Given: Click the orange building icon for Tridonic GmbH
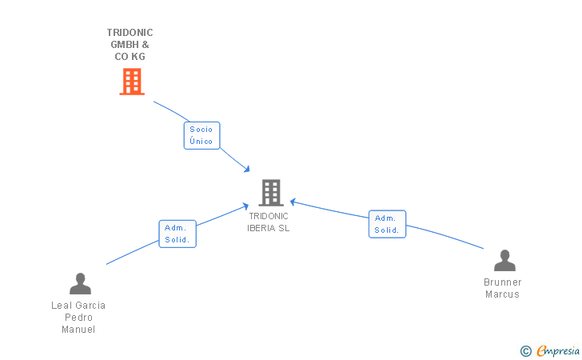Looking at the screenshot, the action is (132, 82).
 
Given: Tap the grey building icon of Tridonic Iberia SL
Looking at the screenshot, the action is (271, 193).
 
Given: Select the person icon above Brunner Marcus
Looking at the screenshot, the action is (504, 261).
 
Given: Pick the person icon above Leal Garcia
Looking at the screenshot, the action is (80, 284).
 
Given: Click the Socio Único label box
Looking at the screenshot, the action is (202, 136).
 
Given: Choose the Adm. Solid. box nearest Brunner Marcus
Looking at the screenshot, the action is (387, 224).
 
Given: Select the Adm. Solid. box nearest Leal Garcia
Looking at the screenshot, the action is (177, 234).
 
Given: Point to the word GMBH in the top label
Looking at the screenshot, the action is (125, 45).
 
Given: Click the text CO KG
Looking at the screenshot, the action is (130, 57).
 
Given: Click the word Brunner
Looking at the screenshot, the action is (503, 282).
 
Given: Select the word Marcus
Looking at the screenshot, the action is (502, 294).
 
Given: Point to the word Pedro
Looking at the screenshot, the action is (78, 318).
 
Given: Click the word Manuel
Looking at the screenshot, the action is (78, 330).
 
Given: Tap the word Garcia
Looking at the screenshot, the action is (89, 306).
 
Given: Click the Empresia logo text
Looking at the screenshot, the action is (558, 350).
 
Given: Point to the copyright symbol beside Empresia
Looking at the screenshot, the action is (526, 351).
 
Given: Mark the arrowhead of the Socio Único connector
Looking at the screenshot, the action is (246, 169).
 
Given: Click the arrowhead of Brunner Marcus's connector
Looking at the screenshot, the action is (293, 202).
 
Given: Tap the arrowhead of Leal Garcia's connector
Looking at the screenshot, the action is (245, 206).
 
